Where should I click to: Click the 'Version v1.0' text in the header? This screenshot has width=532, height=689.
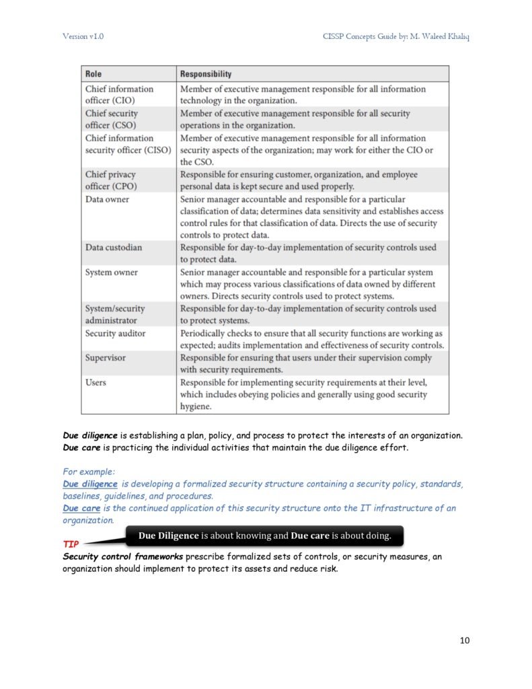(83, 36)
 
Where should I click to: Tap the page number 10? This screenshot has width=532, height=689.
(465, 640)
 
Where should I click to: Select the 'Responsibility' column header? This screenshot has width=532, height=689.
(205, 74)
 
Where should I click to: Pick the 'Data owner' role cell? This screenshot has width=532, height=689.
(107, 199)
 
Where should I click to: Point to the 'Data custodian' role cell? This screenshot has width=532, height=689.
(114, 247)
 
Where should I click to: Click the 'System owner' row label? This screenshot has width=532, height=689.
(111, 273)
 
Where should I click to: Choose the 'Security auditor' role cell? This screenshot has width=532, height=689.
(115, 333)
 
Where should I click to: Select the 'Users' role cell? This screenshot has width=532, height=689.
(96, 382)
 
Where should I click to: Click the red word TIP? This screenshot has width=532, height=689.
(71, 543)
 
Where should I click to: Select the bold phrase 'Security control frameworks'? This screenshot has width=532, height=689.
(123, 557)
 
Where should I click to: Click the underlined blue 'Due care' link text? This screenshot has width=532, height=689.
(81, 508)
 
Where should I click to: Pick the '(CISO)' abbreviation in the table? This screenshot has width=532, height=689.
(157, 150)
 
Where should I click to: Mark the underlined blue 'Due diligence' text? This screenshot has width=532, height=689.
(90, 484)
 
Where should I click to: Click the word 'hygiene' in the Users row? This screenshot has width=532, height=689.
(196, 406)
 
